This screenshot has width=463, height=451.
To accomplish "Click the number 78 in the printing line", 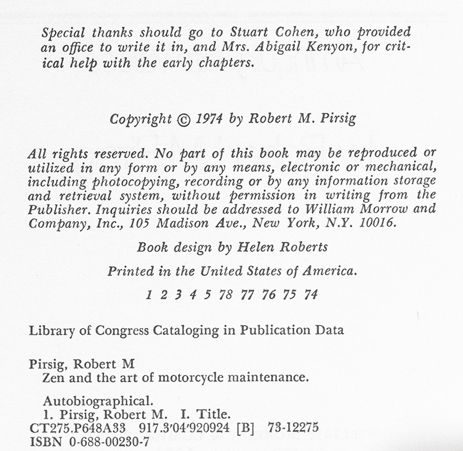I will [x=226, y=295].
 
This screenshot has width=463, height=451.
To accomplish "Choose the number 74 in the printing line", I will [x=311, y=295].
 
